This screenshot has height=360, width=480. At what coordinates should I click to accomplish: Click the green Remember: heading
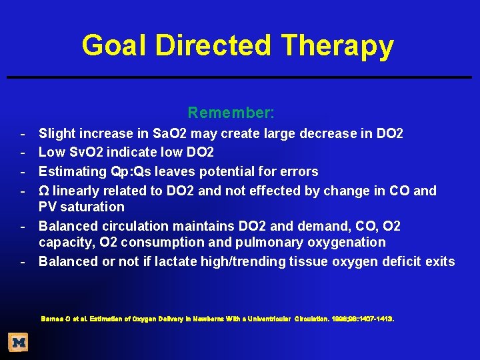tap(231, 113)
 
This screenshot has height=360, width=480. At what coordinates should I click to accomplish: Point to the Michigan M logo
tap(18, 343)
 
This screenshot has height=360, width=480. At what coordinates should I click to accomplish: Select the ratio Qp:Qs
tap(121, 172)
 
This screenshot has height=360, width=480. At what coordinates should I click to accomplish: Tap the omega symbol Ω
tap(44, 191)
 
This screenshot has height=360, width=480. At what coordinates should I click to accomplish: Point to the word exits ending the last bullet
tap(440, 261)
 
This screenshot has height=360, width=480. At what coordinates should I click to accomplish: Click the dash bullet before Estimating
tap(23, 172)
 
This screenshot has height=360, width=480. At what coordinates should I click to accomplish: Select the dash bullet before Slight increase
tap(23, 134)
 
